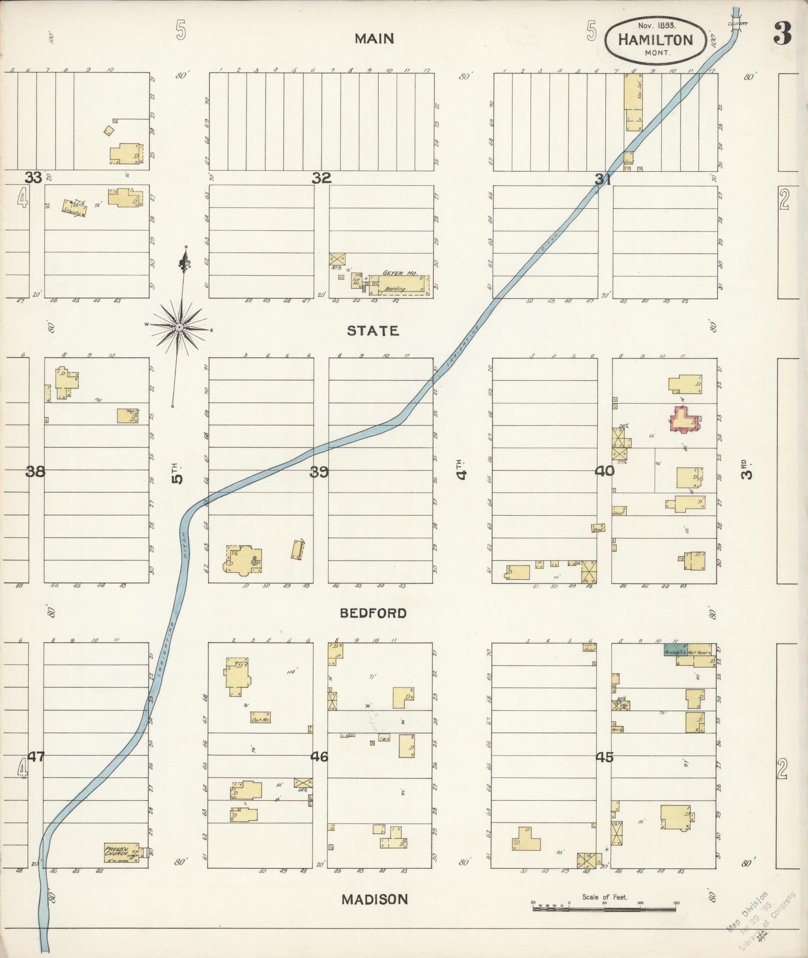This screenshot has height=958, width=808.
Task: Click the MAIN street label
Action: coord(374,39)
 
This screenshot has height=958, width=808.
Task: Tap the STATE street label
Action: coord(373,331)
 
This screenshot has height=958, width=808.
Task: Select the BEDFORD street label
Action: coord(373,613)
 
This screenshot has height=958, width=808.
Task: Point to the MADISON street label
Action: coord(374,899)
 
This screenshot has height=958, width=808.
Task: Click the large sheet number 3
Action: coord(781,35)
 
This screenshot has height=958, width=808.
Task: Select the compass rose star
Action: coord(179,327)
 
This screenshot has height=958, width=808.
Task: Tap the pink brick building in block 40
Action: coord(685,419)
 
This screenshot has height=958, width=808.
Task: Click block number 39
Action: coord(319,472)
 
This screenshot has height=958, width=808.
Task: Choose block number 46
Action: coord(319,757)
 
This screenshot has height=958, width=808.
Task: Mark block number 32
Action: coord(321,178)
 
